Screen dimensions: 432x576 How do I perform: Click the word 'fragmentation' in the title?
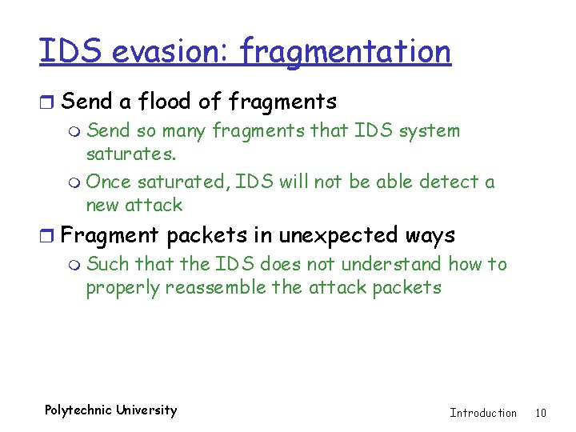pos(345,52)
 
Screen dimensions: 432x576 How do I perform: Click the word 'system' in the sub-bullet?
pos(432,130)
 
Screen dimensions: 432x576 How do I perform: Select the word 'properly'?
pos(122,287)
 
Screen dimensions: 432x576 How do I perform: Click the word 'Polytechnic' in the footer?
pos(78,410)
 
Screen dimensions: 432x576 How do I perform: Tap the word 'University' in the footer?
pos(146,410)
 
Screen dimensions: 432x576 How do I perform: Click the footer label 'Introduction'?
pos(483,413)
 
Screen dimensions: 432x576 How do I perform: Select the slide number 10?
pos(541,413)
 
